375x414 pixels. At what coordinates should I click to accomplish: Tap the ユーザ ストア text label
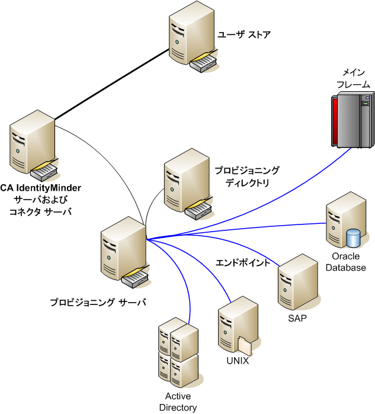[x=244, y=34]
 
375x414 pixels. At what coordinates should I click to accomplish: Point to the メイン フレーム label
[x=352, y=78]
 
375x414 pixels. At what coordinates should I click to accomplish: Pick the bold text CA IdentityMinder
[x=41, y=188]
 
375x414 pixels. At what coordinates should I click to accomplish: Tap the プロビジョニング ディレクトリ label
[x=246, y=176]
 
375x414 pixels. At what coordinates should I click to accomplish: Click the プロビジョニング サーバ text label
[x=98, y=302]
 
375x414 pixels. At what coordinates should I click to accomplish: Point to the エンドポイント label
[x=246, y=262]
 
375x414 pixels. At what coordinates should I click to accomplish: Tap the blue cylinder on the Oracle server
[x=354, y=239]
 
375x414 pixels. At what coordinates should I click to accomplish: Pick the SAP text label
[x=297, y=318]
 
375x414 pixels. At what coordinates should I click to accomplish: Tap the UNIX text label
[x=237, y=360]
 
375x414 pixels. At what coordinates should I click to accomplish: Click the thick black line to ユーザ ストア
[x=113, y=85]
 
